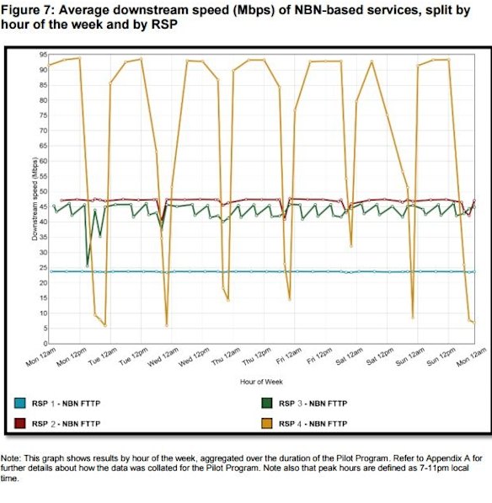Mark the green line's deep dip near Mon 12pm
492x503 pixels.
point(87,266)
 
